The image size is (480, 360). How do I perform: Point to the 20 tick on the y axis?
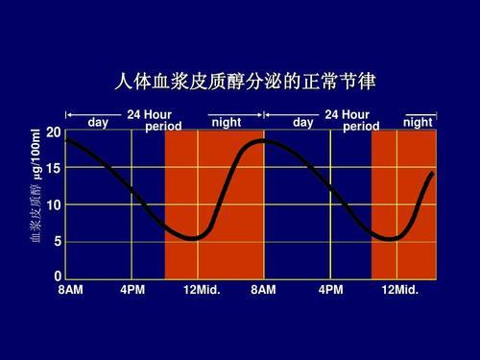click(x=53, y=131)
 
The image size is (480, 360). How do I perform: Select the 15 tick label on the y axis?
click(x=53, y=168)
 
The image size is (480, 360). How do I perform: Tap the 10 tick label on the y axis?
click(x=53, y=205)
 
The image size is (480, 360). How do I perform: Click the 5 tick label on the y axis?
click(x=56, y=243)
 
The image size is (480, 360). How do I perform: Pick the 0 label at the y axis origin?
click(x=57, y=277)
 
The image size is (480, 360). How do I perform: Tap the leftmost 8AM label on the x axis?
click(x=70, y=289)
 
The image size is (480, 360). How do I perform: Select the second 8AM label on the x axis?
click(x=263, y=289)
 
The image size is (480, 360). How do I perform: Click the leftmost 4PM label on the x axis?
click(x=133, y=289)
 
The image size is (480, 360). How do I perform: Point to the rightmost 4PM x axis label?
click(x=330, y=289)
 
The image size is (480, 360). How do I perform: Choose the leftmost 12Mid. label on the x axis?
click(x=202, y=289)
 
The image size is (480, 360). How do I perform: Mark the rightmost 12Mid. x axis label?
click(x=399, y=289)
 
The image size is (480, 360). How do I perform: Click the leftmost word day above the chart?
click(x=98, y=123)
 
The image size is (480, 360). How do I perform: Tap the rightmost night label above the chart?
click(x=418, y=123)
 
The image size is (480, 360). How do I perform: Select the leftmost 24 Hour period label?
click(x=153, y=121)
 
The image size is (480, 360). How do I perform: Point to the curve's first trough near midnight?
click(x=194, y=238)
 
